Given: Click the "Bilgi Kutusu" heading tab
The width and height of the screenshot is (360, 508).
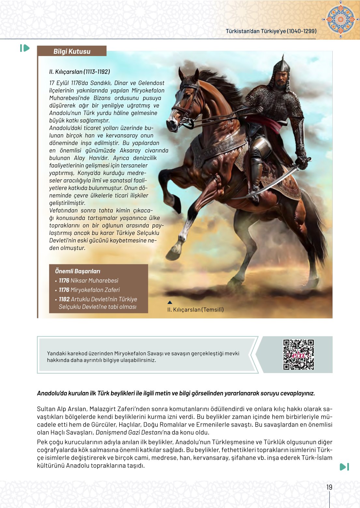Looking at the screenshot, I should pyautogui.click(x=72, y=51).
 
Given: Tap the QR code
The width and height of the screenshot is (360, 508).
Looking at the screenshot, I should pyautogui.click(x=298, y=355).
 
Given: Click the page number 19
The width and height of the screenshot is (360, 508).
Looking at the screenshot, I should pyautogui.click(x=329, y=487).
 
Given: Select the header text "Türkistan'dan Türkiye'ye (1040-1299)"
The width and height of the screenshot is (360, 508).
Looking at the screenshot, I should pyautogui.click(x=271, y=31).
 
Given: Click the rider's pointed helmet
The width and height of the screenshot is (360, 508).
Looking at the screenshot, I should pyautogui.click(x=281, y=65).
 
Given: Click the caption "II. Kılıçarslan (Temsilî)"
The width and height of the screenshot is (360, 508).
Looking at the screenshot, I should pyautogui.click(x=195, y=310).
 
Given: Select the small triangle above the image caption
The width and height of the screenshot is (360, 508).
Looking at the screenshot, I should pyautogui.click(x=170, y=302).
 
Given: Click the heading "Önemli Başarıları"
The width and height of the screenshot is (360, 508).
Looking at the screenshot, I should pyautogui.click(x=78, y=271).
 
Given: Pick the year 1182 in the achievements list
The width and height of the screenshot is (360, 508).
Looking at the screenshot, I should pyautogui.click(x=64, y=299).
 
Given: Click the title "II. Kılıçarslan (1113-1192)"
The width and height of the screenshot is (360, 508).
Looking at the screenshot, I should pyautogui.click(x=79, y=72).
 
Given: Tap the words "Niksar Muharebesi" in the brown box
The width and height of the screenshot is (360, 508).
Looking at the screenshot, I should pyautogui.click(x=94, y=281).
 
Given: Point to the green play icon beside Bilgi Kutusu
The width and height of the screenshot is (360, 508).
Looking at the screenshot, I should pyautogui.click(x=25, y=48).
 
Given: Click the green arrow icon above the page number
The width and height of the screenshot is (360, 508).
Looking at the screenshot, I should pyautogui.click(x=344, y=467).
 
